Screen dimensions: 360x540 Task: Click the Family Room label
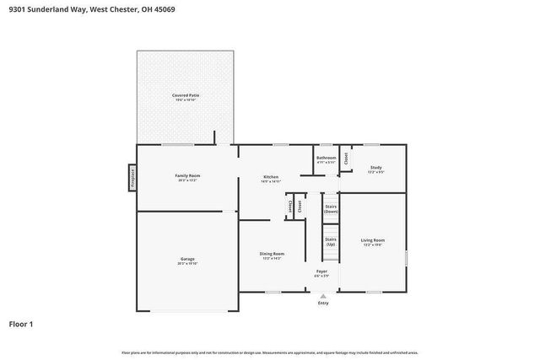point(187,175)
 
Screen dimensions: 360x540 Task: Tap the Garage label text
point(187,259)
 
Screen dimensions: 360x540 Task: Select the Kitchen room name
point(271,176)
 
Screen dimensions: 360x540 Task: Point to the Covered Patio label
point(186,95)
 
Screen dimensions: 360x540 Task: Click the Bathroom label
point(326,158)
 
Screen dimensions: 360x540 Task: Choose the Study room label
point(376,167)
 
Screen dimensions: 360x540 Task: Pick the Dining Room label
point(272,253)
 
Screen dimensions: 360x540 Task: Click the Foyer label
point(321,271)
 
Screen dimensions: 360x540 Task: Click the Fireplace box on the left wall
point(132,178)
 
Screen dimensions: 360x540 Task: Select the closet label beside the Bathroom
point(346,158)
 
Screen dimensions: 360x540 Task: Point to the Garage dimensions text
point(187,264)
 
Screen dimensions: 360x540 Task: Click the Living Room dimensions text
point(373,244)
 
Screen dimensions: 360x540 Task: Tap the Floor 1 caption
point(21,324)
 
